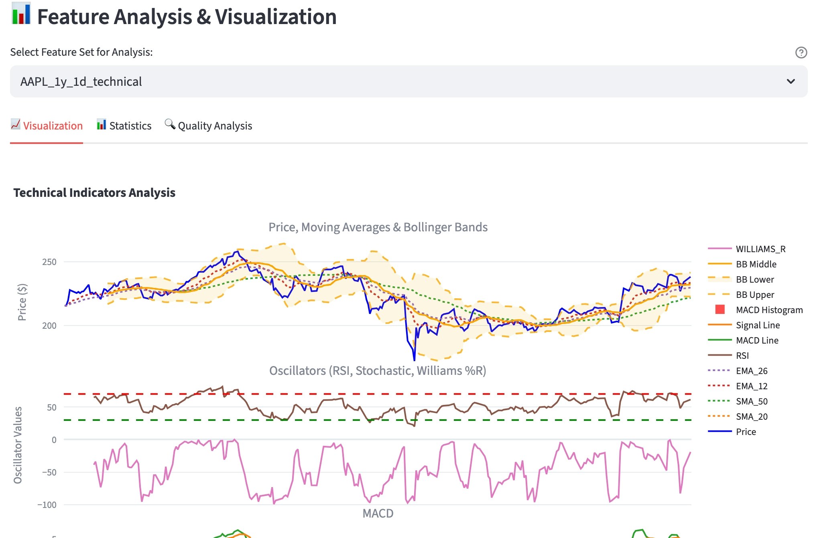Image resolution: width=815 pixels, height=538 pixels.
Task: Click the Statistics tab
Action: (124, 126)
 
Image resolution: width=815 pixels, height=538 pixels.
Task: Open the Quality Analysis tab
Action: (208, 126)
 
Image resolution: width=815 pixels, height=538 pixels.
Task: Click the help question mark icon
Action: (801, 53)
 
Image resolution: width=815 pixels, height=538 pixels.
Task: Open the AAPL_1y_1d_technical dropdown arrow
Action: (791, 81)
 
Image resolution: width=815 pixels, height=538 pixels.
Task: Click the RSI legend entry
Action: (742, 356)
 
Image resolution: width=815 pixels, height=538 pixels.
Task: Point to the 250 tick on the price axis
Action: (49, 262)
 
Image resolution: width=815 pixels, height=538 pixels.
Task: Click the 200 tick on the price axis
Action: (49, 326)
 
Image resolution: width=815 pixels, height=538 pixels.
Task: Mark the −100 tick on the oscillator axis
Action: (47, 505)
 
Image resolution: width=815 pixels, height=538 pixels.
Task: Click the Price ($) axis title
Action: (22, 302)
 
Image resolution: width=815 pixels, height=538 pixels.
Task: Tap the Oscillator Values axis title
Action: (18, 445)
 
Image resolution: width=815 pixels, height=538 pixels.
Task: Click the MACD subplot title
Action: (378, 514)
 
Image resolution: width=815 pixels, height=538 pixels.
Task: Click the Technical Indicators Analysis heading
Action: (94, 193)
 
